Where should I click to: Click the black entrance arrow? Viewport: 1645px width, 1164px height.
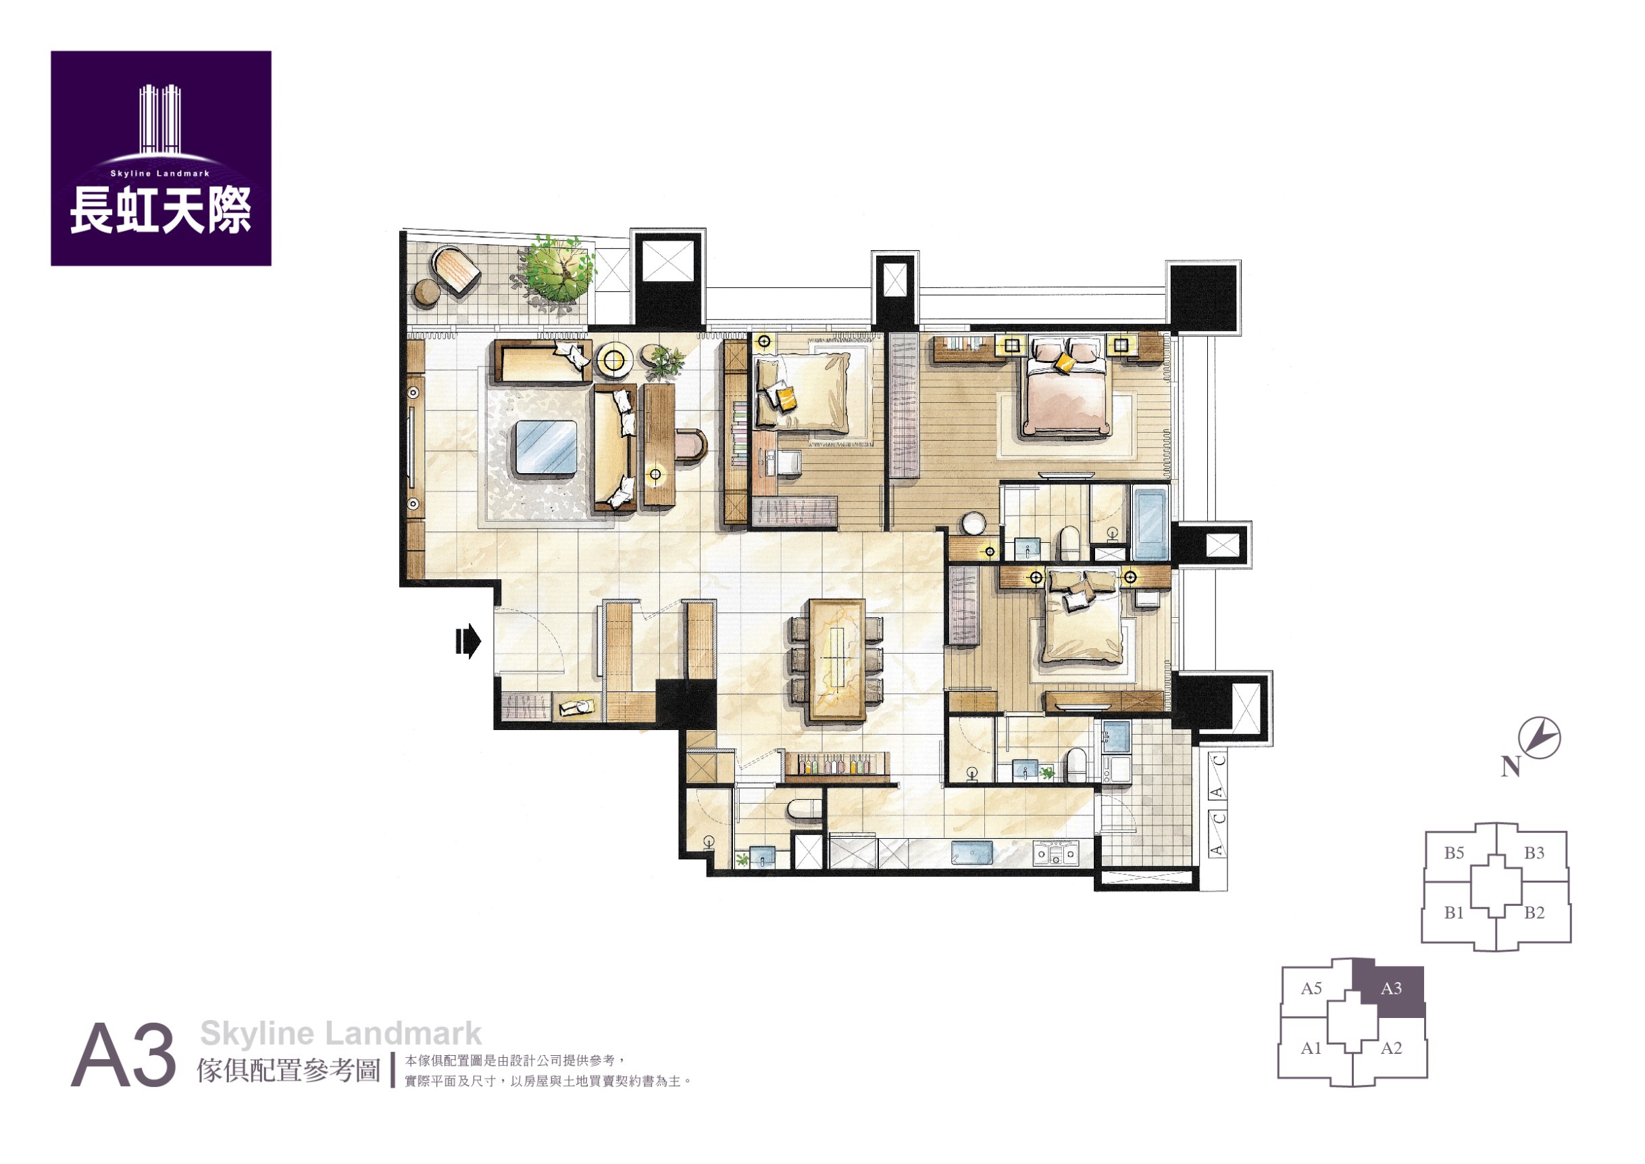tap(468, 641)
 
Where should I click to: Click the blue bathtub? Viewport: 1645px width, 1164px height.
tap(1150, 523)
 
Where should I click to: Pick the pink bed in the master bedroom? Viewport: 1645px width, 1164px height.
tap(1067, 387)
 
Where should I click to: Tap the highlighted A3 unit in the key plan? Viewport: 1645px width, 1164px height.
tap(1392, 990)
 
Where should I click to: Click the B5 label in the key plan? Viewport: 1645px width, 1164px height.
tap(1454, 853)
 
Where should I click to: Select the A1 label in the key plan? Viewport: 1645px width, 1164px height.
tap(1311, 1048)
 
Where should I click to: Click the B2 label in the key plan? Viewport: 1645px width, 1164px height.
tap(1534, 913)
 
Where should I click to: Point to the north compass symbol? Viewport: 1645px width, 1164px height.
tap(1539, 737)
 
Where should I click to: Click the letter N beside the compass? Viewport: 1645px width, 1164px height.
tap(1511, 767)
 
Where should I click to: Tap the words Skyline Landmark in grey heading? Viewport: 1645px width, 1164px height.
tap(340, 1034)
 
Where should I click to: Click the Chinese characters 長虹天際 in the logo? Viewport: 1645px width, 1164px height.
tap(161, 210)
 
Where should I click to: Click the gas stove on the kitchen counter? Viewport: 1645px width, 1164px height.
tap(1055, 854)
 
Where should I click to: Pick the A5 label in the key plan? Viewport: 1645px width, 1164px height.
tap(1311, 988)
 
